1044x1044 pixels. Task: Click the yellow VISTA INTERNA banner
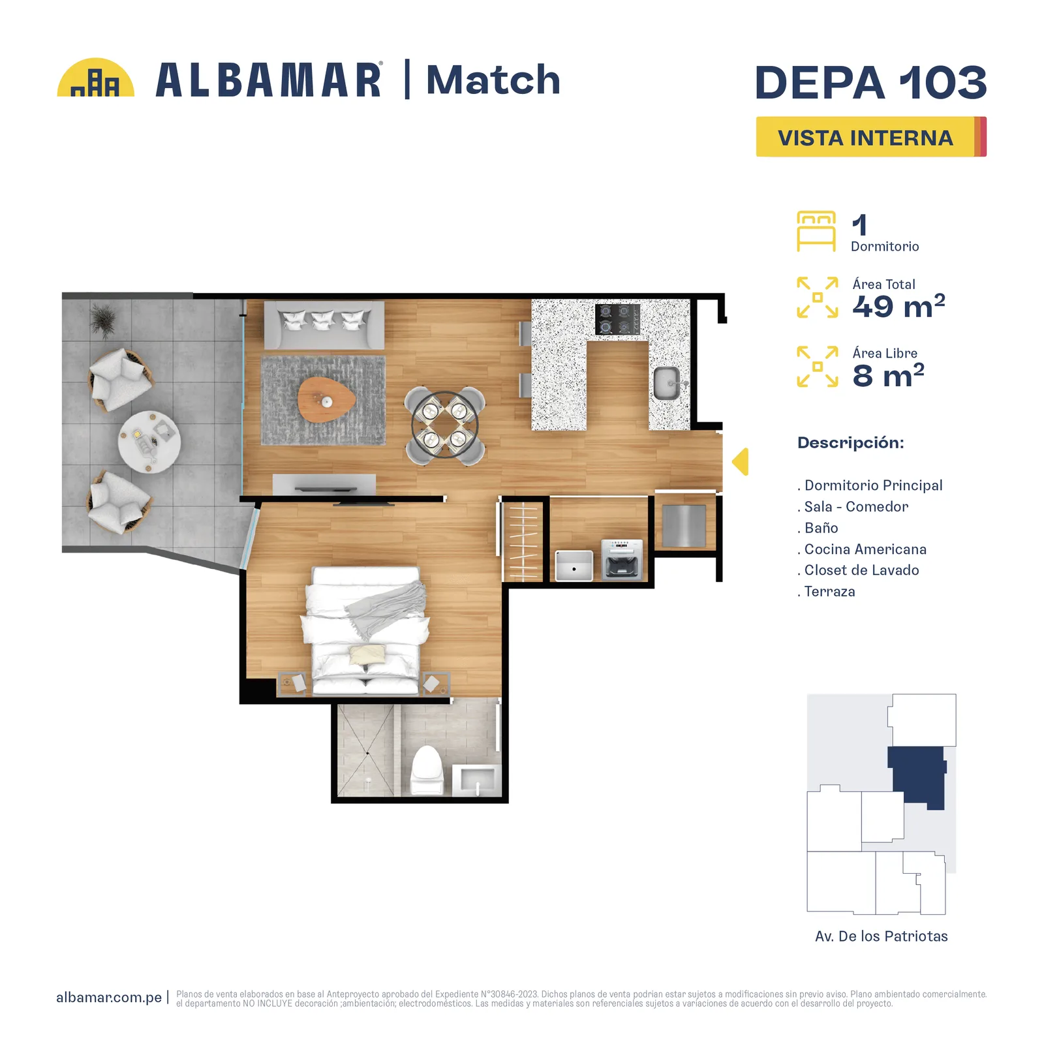click(x=871, y=137)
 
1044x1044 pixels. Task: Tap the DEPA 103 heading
click(x=871, y=83)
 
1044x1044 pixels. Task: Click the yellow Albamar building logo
click(x=96, y=78)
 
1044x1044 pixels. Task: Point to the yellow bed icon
click(x=816, y=231)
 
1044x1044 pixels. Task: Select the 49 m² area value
click(x=898, y=305)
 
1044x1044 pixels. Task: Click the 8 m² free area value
click(x=888, y=375)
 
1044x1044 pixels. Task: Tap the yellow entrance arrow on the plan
click(x=740, y=462)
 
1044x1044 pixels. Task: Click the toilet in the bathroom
click(x=427, y=770)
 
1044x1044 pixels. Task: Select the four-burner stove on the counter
click(x=617, y=319)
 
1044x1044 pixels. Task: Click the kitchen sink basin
click(x=667, y=383)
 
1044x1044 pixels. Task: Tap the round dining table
click(x=444, y=424)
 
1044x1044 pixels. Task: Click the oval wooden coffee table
click(x=326, y=399)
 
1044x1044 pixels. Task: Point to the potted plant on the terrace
click(x=102, y=320)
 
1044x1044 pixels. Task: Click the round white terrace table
click(x=149, y=442)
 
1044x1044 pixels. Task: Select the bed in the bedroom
click(x=365, y=630)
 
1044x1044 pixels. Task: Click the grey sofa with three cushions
click(x=324, y=325)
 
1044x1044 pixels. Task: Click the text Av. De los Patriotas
click(x=881, y=936)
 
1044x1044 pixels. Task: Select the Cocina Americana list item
click(x=862, y=549)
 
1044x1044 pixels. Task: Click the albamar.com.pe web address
click(x=109, y=997)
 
